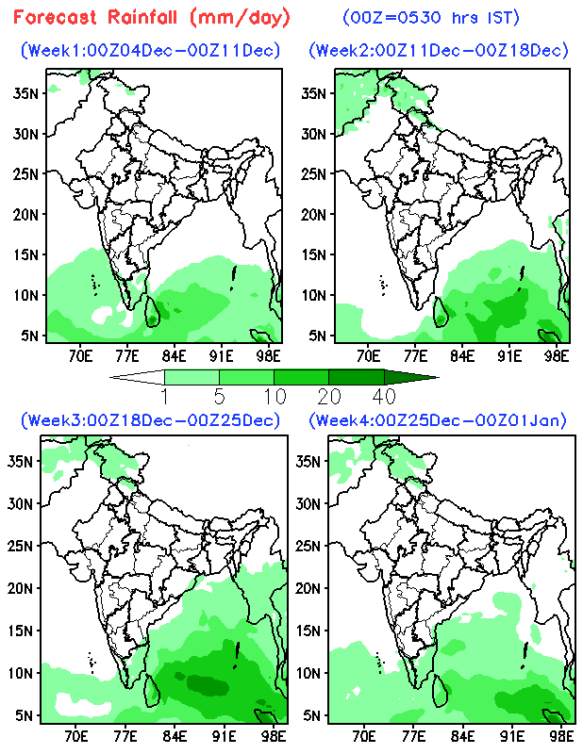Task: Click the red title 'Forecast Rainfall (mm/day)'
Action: (152, 17)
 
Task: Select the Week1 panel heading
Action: (151, 50)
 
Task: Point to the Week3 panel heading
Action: (151, 419)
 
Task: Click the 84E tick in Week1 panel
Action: (174, 355)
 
